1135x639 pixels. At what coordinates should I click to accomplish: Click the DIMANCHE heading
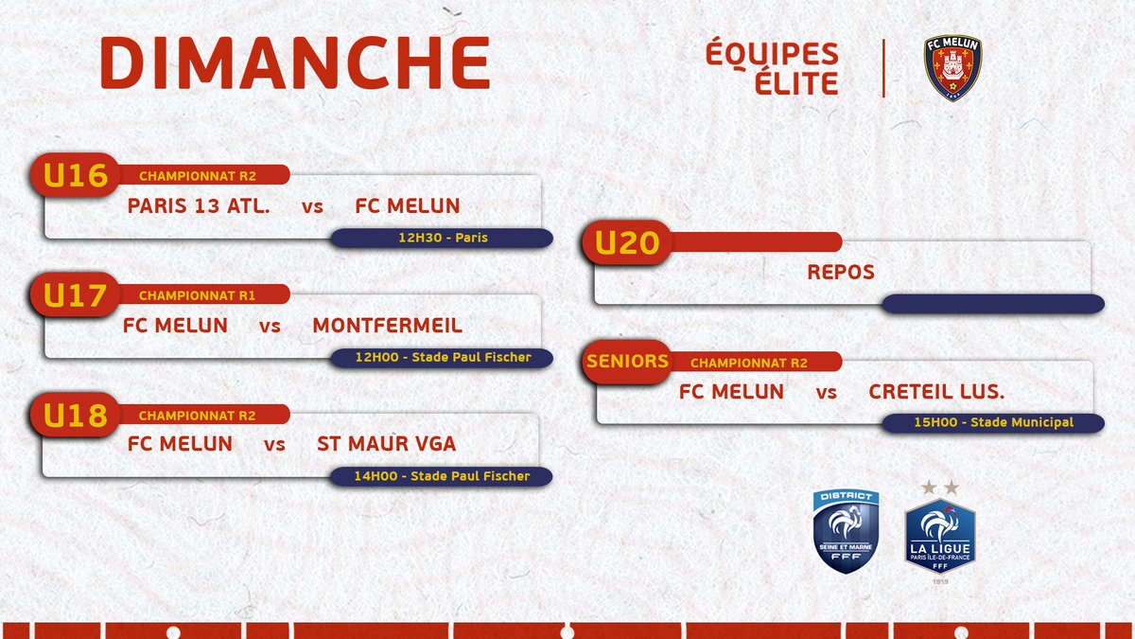pos(294,65)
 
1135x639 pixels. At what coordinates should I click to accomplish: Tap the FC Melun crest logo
pos(952,68)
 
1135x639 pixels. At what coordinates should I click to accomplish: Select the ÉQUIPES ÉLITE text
pos(772,67)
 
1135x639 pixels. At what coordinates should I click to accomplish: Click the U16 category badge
pos(76,176)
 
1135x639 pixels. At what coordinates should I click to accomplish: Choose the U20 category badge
pos(626,243)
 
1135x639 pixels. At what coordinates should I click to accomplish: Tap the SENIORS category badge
pos(627,362)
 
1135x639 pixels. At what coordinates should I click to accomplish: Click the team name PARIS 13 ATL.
pos(199,205)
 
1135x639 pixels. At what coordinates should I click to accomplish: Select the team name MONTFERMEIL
pos(387,326)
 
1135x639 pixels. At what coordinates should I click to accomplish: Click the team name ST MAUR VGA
pos(380,444)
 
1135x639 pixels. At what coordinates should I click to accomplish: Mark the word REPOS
pos(841,273)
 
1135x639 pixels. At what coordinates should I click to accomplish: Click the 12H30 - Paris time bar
pos(442,238)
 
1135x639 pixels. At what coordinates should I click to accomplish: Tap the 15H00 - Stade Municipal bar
pos(993,422)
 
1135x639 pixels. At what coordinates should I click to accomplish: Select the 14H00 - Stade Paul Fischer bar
pos(442,476)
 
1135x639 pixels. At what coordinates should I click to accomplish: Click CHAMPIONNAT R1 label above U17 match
pos(197,295)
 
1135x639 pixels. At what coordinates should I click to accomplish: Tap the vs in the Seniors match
pos(827,392)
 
